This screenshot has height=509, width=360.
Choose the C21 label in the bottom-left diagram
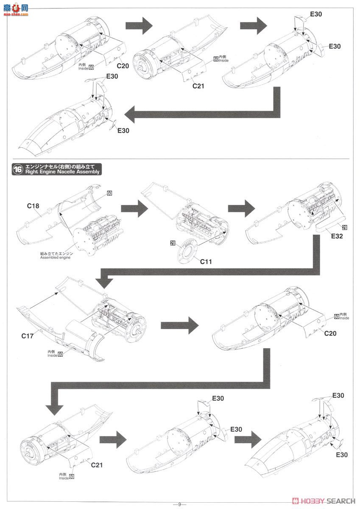pyautogui.click(x=97, y=465)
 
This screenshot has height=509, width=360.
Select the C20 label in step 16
pyautogui.click(x=330, y=333)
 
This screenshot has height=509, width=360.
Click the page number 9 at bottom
pyautogui.click(x=180, y=504)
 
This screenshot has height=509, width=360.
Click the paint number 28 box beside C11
pyautogui.click(x=173, y=243)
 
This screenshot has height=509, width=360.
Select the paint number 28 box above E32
pyautogui.click(x=345, y=228)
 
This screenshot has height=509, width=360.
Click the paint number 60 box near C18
pyautogui.click(x=109, y=193)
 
